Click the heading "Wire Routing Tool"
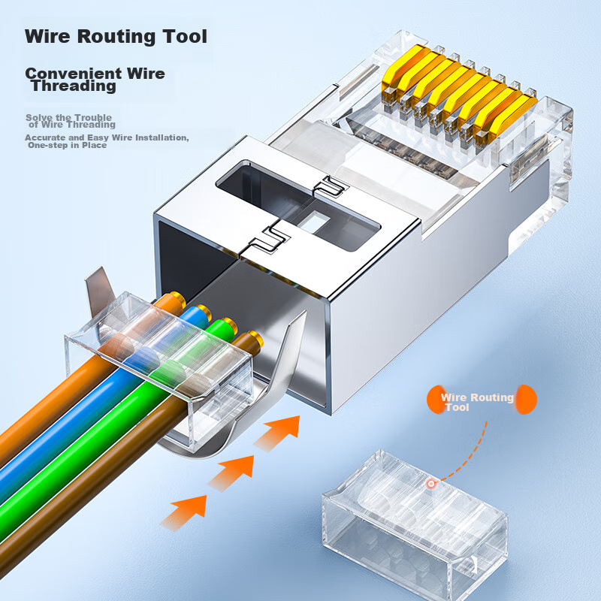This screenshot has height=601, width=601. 116,36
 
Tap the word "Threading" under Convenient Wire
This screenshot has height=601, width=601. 74,86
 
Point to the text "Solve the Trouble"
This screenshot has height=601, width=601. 68,117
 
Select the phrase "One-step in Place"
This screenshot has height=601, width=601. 67,145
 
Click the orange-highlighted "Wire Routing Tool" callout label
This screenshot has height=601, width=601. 477,401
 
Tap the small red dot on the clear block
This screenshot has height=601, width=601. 431,484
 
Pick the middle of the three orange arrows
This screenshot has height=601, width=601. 231,470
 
